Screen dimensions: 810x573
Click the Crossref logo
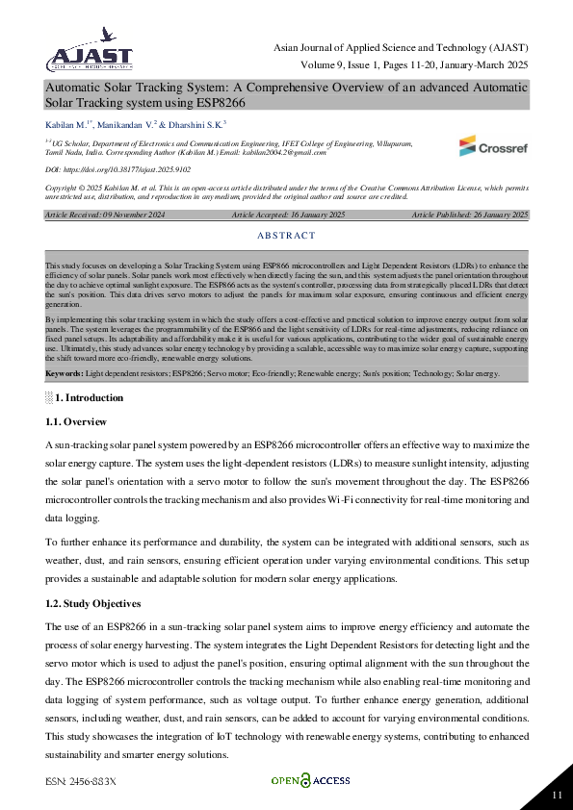492,146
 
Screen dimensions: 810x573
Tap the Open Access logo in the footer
309,781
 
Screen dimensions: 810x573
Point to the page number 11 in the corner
557,795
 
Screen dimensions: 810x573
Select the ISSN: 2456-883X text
80,781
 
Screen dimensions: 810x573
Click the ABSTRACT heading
286,236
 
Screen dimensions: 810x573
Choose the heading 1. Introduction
89,397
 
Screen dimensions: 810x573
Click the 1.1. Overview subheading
76,422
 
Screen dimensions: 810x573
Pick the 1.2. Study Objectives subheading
93,603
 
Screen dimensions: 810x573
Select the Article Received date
96,215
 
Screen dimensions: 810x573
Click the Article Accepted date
288,215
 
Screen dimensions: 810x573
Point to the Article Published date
469,215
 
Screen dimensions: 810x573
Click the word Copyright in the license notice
60,188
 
